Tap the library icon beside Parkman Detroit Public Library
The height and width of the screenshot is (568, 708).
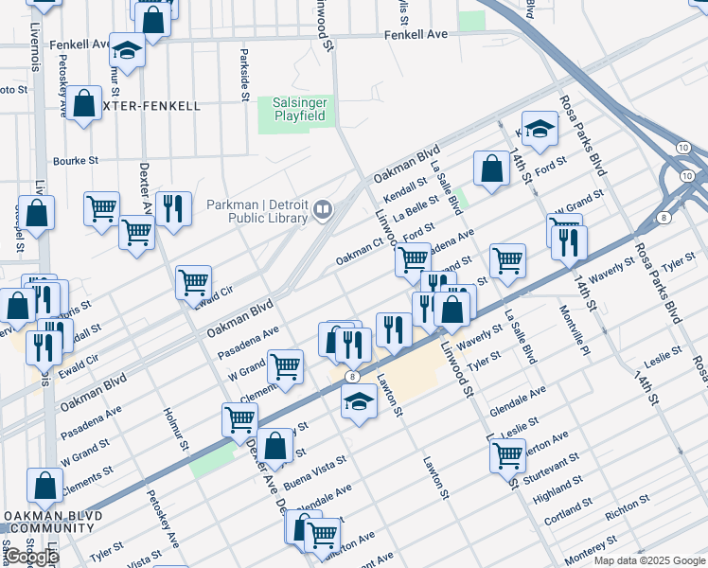point(323,209)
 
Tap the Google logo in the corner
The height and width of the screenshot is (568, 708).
point(30,557)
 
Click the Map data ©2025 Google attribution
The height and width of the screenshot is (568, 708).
point(649,560)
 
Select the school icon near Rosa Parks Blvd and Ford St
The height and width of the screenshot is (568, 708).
point(540,132)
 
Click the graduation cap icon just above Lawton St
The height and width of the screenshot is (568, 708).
point(359,402)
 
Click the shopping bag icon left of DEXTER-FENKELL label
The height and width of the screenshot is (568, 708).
point(83,104)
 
